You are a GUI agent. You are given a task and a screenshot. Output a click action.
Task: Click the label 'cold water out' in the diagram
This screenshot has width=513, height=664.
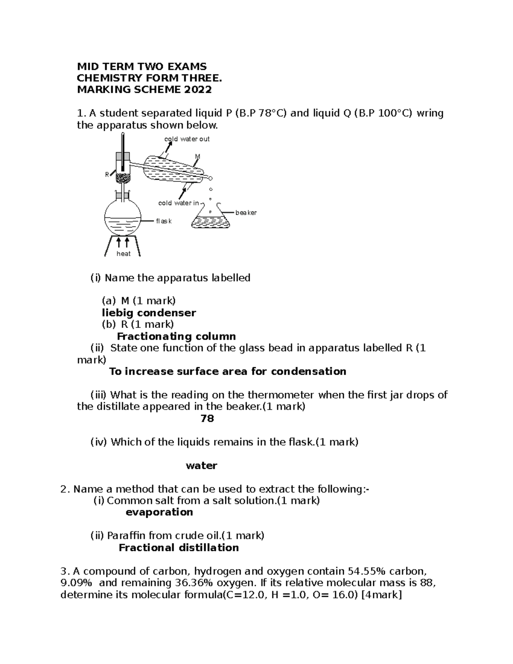187,139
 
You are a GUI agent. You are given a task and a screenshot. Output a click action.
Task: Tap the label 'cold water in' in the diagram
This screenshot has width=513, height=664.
179,203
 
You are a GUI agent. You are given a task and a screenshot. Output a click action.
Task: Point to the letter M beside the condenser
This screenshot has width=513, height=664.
197,156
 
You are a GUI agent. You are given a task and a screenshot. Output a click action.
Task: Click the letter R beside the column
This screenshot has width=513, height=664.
107,174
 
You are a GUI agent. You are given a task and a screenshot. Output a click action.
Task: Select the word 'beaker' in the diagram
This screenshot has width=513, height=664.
246,212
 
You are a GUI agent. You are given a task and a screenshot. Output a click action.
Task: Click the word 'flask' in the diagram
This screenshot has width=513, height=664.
164,221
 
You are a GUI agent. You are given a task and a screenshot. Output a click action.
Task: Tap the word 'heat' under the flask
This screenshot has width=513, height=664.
124,254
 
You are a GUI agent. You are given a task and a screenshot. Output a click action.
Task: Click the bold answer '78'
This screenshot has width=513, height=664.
207,419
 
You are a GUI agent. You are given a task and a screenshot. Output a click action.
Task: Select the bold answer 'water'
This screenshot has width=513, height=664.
201,466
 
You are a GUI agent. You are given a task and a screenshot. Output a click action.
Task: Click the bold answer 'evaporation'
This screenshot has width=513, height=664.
159,512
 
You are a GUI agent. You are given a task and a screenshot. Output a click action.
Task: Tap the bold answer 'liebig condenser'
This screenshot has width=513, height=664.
149,313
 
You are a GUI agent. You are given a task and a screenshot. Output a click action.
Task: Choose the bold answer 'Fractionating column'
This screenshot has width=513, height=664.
176,336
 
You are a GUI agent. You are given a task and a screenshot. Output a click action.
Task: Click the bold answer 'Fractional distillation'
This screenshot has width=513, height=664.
179,548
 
